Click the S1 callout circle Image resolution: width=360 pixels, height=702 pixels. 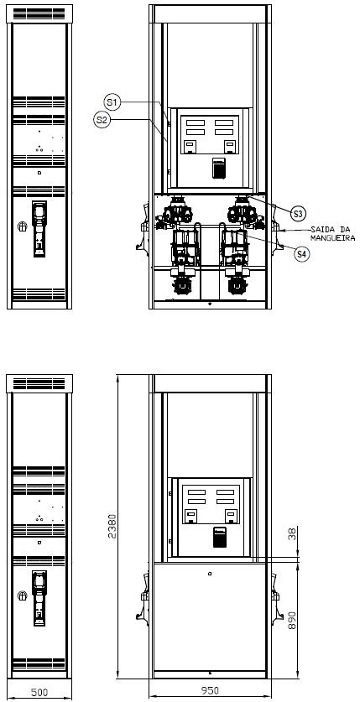pos(112,102)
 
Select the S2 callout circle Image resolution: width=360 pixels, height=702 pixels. pos(102,120)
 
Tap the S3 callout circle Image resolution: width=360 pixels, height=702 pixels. pos(298,214)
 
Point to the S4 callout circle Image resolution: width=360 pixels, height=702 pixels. pos(302,254)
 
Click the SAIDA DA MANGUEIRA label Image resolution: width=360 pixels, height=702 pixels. pos(332,234)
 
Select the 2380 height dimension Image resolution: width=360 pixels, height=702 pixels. pos(112,526)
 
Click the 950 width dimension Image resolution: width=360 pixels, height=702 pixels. pos(210,690)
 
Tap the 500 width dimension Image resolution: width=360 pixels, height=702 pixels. pos(39,692)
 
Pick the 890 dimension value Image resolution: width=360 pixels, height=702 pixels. pos(292,619)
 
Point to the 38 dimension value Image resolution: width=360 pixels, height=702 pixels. pos(292,533)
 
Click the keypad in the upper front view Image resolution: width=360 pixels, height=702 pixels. pos(218,168)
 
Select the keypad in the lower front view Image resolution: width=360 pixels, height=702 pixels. pos(220,538)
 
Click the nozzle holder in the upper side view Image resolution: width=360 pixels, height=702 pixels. pos(39,229)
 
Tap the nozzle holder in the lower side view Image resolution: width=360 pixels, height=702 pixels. pos(39,598)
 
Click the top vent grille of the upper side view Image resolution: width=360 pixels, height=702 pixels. pos(39,13)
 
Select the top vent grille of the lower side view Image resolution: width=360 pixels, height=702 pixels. pos(39,383)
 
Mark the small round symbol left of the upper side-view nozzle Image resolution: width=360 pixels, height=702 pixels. pos(23,226)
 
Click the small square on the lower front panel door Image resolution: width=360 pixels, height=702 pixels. pos(210,574)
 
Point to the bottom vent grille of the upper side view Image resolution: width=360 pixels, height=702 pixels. pos(39,294)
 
